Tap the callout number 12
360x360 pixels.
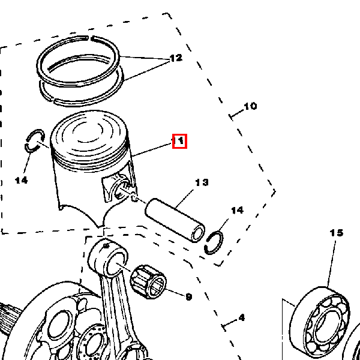coord(175,58)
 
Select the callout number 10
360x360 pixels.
coord(250,106)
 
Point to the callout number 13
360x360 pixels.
coord(202,182)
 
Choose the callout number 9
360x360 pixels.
coord(188,296)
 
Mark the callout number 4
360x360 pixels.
coord(241,317)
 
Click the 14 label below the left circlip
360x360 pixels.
coord(21,180)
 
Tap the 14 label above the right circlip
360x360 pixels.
coord(238,210)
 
